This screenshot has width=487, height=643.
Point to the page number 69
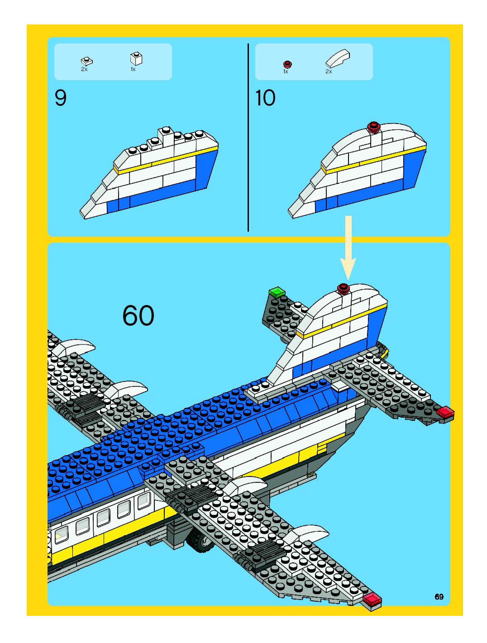(439, 597)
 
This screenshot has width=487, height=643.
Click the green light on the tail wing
(277, 292)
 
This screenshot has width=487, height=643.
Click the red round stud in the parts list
(287, 64)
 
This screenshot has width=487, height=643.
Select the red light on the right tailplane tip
(445, 412)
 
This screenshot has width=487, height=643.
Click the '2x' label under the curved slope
(329, 71)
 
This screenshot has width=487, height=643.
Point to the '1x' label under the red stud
(286, 71)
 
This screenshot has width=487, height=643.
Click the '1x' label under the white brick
(133, 69)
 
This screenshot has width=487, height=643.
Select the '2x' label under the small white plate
(84, 69)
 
